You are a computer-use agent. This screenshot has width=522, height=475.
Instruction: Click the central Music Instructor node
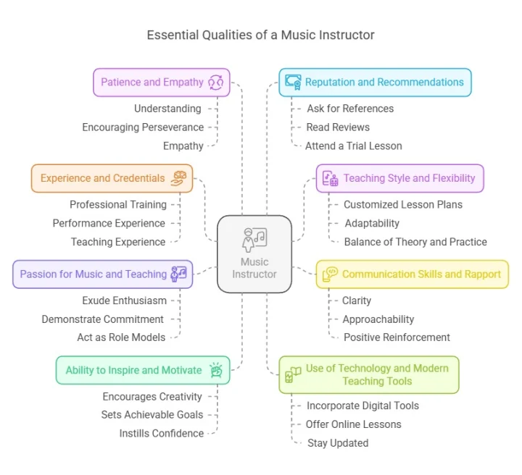coord(254,253)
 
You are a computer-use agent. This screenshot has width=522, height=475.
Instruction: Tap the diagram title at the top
coord(260,35)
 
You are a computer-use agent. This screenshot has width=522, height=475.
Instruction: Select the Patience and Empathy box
coord(162,82)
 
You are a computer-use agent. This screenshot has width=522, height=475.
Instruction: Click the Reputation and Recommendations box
coord(375,82)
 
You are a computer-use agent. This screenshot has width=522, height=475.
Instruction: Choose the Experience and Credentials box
coord(112,178)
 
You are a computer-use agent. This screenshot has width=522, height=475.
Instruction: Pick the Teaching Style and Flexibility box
coord(399,178)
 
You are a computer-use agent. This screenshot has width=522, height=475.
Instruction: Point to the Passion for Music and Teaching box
coord(102,274)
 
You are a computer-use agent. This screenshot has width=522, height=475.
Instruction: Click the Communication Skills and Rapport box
coord(412,274)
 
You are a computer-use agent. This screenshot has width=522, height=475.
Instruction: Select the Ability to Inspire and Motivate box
coord(143,370)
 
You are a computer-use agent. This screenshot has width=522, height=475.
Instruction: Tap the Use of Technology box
coord(368,374)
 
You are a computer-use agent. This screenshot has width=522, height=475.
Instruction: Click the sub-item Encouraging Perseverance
coord(143,127)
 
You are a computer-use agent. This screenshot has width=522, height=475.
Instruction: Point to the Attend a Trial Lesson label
coord(353,146)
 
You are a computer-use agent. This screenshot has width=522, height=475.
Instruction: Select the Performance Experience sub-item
coord(109,223)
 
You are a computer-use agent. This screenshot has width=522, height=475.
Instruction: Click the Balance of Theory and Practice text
coord(415,242)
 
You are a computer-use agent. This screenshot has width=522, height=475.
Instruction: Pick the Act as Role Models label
coord(121,337)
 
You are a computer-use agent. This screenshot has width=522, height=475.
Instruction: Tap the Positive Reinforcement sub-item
coord(397,337)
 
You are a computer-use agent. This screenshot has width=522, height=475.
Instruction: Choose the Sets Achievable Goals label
coord(152,415)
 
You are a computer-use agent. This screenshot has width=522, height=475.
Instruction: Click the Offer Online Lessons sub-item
coord(353,424)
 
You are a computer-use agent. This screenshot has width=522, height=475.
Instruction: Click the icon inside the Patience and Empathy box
coord(217,82)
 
